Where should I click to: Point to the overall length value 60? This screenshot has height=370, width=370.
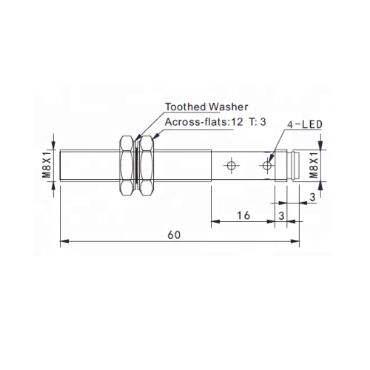(x=174, y=234)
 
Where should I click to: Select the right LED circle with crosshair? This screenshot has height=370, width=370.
(x=266, y=165)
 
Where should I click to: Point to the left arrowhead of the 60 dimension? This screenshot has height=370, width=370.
(x=64, y=240)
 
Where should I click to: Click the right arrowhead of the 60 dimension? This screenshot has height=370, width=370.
(x=297, y=240)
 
